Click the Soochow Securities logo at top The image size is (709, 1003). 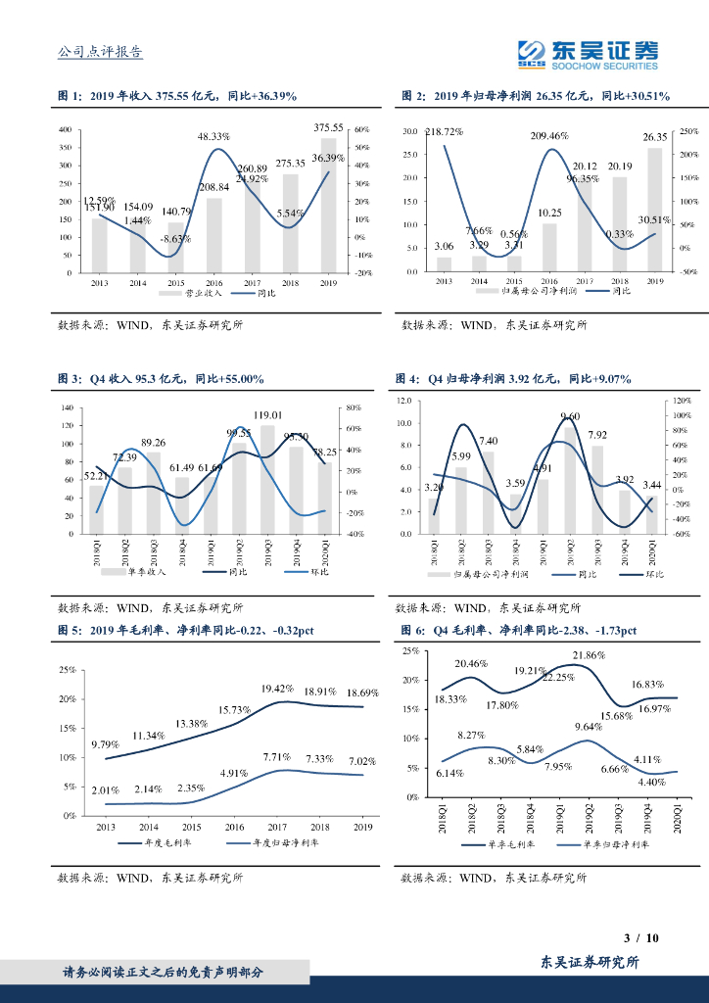(x=587, y=55)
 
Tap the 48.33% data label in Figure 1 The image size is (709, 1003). (x=213, y=136)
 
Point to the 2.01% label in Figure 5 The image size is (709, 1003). (x=106, y=790)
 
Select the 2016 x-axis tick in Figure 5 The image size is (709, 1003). (x=234, y=828)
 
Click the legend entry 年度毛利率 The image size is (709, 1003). (x=162, y=842)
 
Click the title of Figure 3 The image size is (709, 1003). (x=161, y=378)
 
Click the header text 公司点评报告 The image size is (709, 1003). (x=101, y=54)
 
